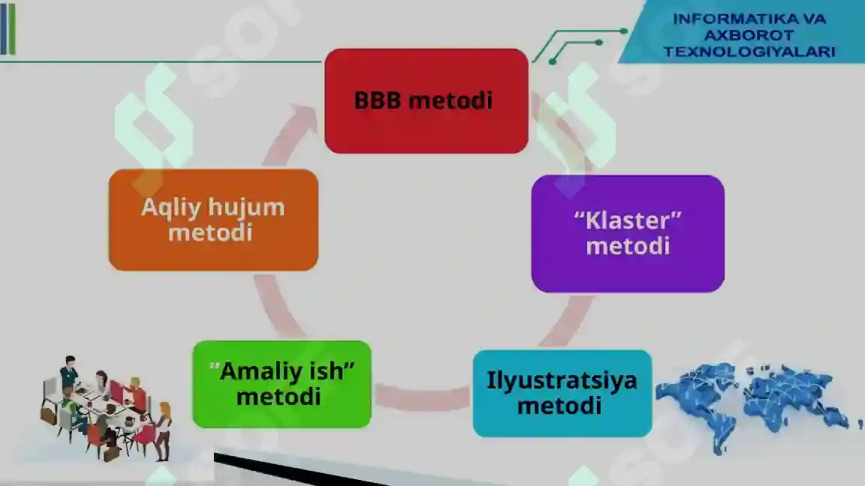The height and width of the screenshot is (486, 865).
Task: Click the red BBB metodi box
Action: pos(426,100)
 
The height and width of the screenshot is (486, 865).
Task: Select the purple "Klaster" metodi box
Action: pos(628,234)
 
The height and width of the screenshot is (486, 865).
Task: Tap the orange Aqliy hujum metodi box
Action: pos(213,220)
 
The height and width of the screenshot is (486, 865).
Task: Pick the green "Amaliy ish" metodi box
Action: pos(282,384)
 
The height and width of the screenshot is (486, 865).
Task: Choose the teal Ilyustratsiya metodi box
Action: pos(562,394)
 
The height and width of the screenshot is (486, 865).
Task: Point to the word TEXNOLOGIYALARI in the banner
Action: pos(749,52)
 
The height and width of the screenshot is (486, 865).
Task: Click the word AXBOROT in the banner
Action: pos(749,35)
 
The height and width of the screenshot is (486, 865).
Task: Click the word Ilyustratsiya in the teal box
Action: pos(562,381)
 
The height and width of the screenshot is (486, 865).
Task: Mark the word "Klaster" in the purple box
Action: pos(628,220)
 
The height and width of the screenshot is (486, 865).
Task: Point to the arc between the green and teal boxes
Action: pos(422,397)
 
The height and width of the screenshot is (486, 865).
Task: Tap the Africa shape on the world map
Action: pos(722,418)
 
